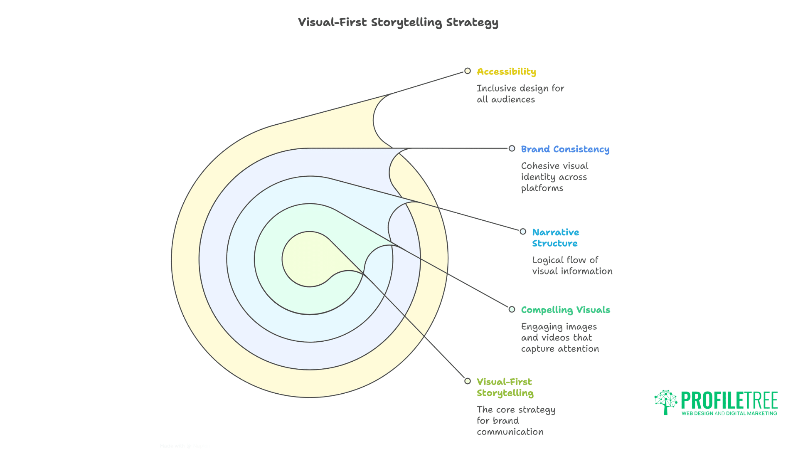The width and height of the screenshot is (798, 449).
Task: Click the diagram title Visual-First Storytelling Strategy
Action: [x=398, y=22]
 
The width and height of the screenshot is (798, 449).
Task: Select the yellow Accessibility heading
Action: [x=506, y=72]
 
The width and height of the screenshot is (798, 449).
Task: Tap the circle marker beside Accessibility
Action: [x=468, y=71]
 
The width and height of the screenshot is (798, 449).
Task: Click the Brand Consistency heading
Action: [x=565, y=149]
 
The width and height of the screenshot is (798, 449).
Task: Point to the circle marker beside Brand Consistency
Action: [x=512, y=148]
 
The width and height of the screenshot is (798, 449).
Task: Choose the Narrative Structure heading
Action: [x=555, y=238]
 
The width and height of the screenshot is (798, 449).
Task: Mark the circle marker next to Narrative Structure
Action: [x=523, y=232]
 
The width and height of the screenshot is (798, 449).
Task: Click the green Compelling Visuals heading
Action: [x=565, y=310]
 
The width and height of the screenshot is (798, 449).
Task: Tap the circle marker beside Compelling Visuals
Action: [x=512, y=309]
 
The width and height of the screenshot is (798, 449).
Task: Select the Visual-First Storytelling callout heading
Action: [x=505, y=387]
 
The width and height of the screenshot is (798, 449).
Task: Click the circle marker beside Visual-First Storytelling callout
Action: [x=468, y=381]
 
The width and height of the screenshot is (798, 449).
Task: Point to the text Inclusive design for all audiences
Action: [x=520, y=94]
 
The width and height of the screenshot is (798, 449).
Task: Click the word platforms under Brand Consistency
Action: [x=542, y=188]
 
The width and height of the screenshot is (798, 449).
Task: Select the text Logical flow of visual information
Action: [x=572, y=266]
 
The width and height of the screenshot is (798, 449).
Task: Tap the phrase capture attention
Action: [x=560, y=349]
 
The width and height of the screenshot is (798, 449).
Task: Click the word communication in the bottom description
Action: [x=510, y=432]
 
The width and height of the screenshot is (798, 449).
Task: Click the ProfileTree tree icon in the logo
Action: [x=666, y=402]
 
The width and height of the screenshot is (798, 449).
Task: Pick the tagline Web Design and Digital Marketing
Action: [x=729, y=414]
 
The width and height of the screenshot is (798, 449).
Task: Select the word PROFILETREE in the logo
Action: [x=729, y=400]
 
